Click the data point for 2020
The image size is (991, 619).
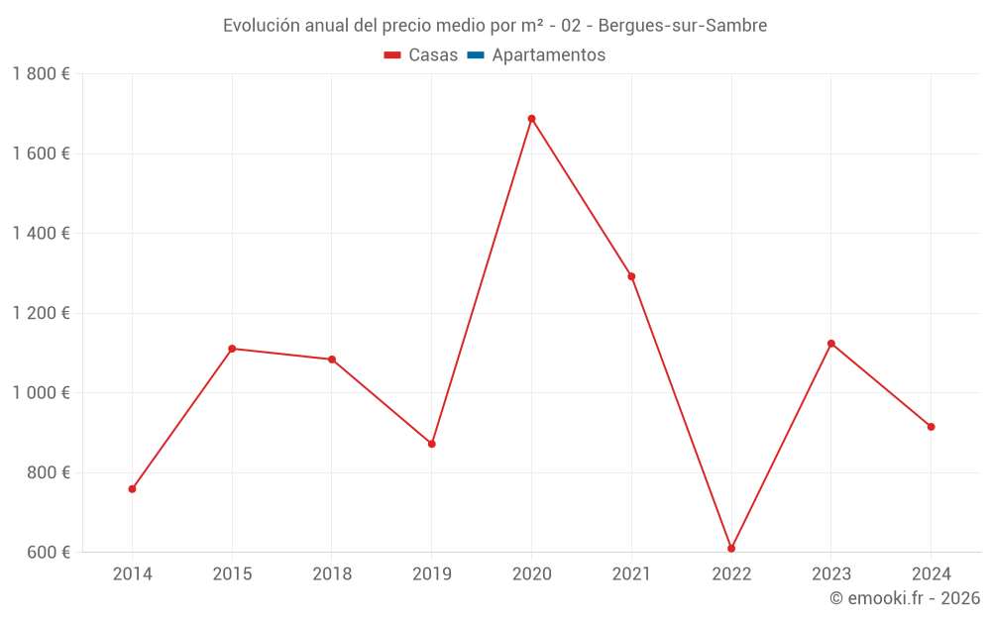tap(531, 119)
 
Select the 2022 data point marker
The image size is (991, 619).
tap(731, 549)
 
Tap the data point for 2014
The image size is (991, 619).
tap(132, 489)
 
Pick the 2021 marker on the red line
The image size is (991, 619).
tap(631, 276)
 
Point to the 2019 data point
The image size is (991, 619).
tap(432, 444)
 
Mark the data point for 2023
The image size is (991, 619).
tap(831, 344)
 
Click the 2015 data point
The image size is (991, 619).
tap(232, 349)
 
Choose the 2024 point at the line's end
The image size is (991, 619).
tap(932, 427)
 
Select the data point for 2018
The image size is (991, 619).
tap(332, 360)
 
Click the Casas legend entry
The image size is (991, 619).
tap(421, 55)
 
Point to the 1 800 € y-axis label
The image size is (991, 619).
tap(41, 74)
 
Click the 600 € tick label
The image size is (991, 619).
tap(49, 553)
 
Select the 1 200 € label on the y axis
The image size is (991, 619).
tap(41, 313)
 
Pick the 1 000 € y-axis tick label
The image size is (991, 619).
tap(41, 393)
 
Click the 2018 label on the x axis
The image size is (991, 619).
tap(332, 574)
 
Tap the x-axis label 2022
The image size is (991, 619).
tap(731, 574)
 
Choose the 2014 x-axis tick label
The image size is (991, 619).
tap(132, 574)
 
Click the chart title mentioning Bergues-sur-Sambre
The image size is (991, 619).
tap(495, 26)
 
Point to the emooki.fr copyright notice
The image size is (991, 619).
tap(905, 598)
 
